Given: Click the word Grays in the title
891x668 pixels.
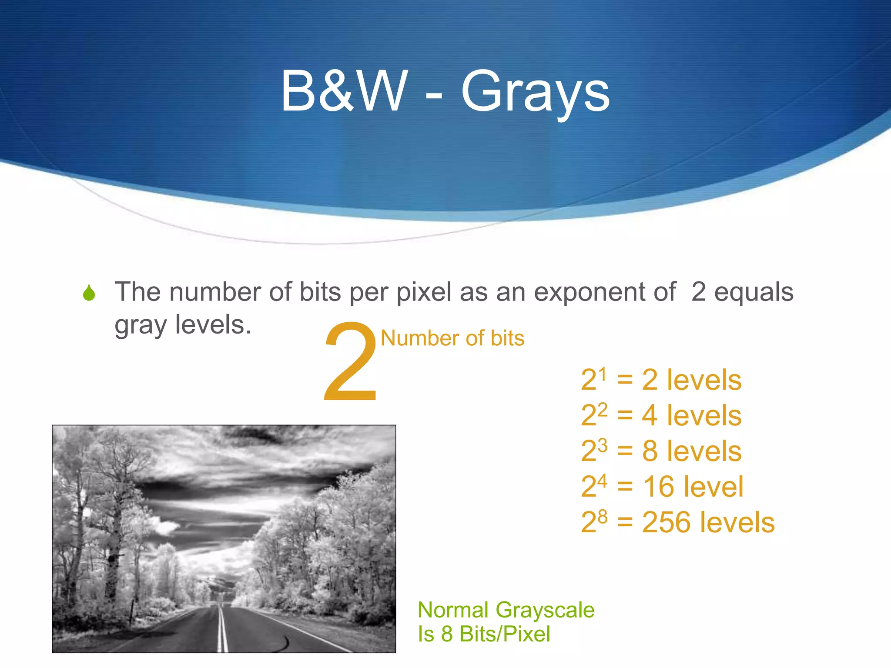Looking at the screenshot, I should point(535,92).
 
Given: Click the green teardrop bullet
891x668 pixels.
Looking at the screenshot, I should point(89,293).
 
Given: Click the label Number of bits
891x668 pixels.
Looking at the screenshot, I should point(452,338).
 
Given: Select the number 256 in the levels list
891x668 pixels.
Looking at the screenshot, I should point(668,522).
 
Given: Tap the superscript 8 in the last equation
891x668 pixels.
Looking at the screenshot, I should point(602,516).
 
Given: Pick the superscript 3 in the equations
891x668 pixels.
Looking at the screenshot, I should point(602,445).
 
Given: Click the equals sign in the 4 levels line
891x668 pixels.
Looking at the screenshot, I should point(625,416).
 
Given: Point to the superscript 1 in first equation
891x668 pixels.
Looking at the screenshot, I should point(602,374).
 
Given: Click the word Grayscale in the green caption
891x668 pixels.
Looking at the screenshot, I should point(545,610).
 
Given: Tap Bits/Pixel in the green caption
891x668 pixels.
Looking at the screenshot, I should point(505,634).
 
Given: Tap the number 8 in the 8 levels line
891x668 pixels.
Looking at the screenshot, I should point(650,451).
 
